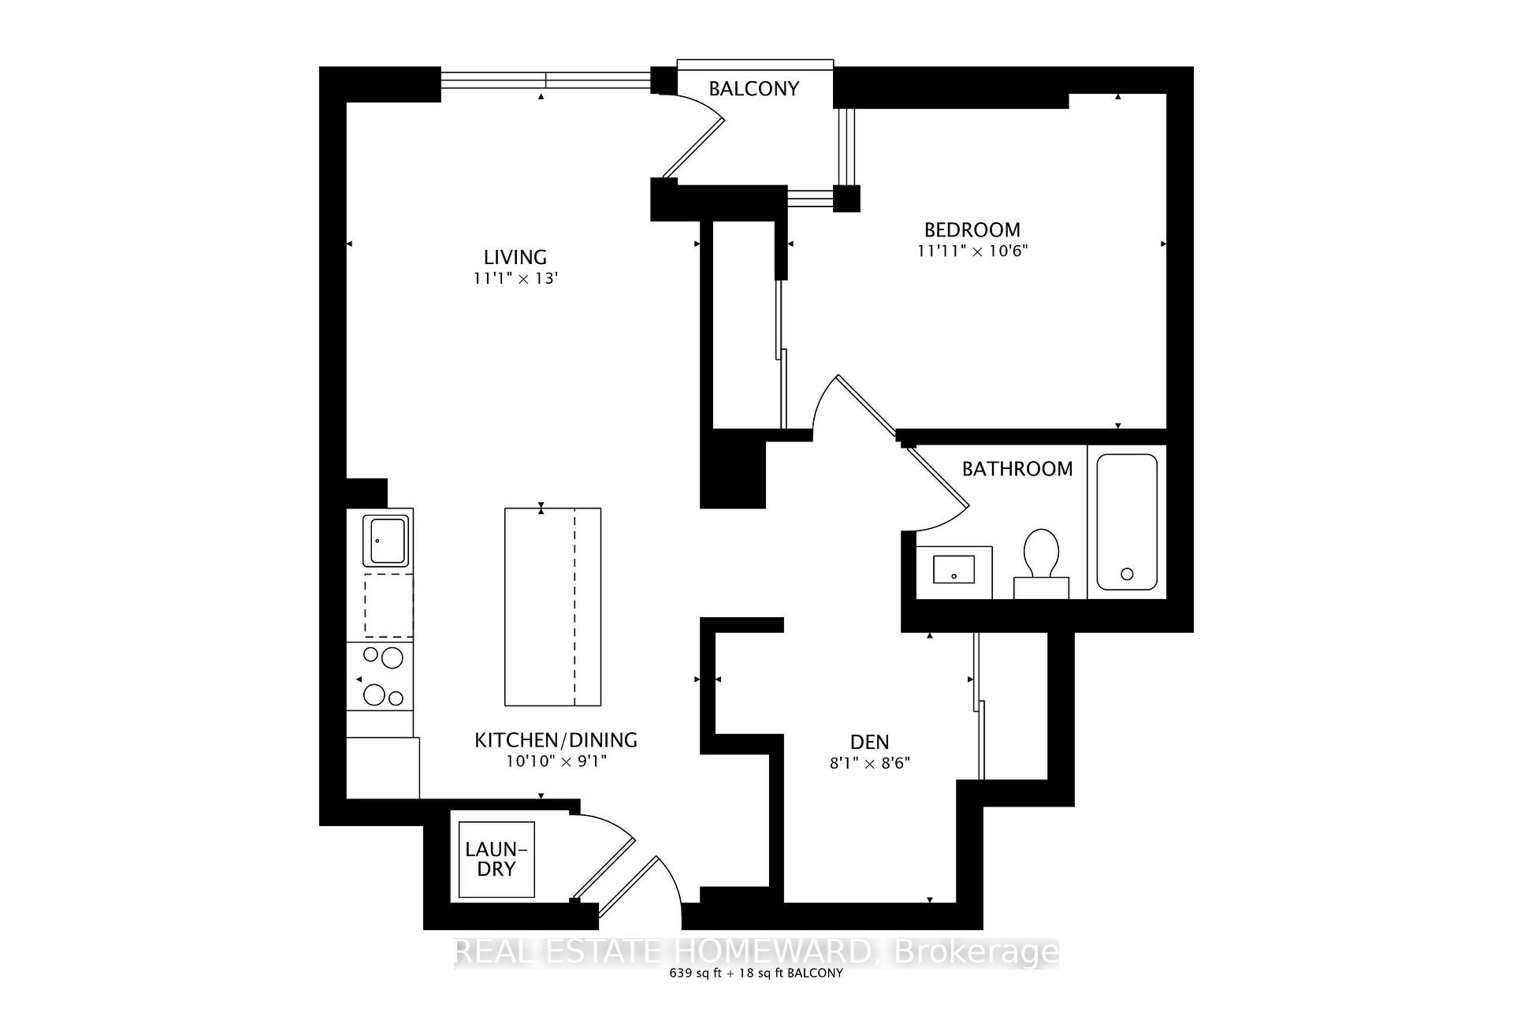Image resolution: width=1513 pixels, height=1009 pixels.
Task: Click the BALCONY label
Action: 753,88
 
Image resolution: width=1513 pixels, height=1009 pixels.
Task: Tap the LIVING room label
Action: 515,257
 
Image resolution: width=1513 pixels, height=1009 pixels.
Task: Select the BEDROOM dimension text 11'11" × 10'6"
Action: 972,251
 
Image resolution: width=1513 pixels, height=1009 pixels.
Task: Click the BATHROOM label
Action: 1017,469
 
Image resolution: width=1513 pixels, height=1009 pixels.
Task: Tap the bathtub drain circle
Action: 1127,574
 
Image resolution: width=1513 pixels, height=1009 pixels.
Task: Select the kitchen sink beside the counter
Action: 386,541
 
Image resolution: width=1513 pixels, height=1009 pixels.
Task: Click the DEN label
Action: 870,742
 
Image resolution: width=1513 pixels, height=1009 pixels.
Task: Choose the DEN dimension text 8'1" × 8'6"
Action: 870,763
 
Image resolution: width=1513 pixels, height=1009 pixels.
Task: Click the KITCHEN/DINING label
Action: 556,740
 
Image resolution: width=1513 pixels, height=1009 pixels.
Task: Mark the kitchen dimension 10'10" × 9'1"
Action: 556,761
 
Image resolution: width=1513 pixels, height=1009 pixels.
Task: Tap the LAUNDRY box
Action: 496,859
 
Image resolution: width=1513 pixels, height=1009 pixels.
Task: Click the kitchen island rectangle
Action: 552,607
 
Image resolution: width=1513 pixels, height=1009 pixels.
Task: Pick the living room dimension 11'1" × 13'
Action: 515,278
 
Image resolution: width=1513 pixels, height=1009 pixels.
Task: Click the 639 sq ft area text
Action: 697,973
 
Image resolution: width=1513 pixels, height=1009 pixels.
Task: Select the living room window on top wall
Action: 545,80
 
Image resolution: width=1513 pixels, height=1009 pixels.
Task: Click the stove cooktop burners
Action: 381,676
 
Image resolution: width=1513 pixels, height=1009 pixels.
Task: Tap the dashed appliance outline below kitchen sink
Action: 388,605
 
